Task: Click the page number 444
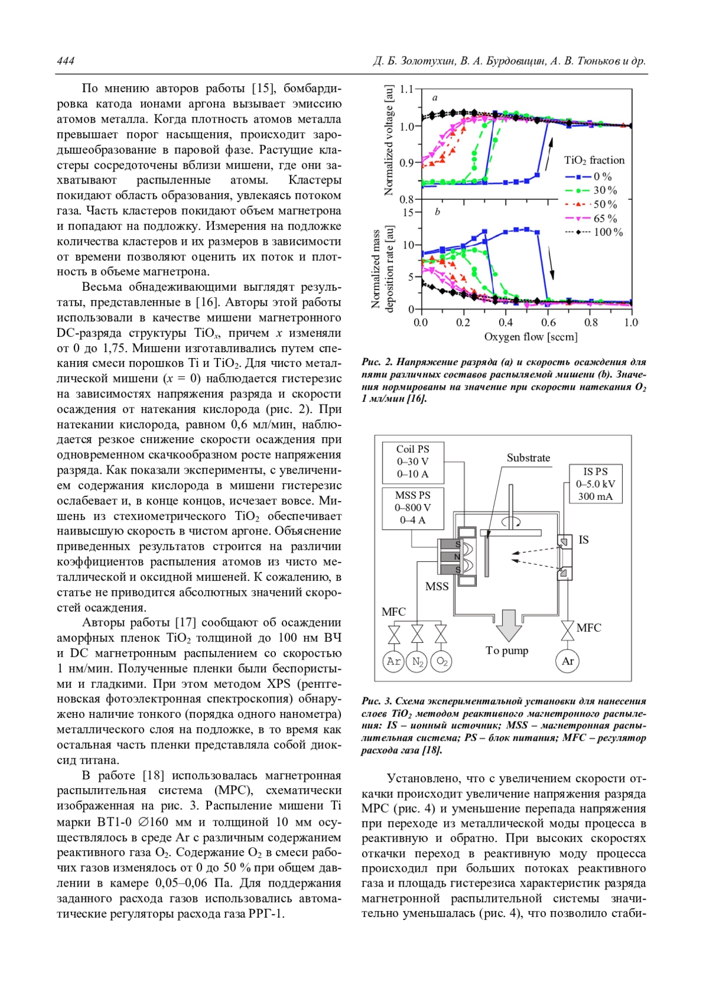[x=66, y=61]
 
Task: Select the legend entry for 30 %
[x=592, y=190]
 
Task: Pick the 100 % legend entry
[x=594, y=232]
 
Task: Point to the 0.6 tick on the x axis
[x=548, y=322]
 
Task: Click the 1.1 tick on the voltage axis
[x=407, y=90]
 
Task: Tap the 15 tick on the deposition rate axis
[x=408, y=212]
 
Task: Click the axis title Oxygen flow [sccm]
[x=530, y=337]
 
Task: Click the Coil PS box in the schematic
[x=412, y=462]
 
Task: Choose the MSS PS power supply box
[x=412, y=507]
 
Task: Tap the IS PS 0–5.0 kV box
[x=595, y=484]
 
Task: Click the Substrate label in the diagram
[x=528, y=458]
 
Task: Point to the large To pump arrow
[x=509, y=625]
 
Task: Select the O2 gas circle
[x=441, y=662]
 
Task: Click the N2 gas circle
[x=417, y=662]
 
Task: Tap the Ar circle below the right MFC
[x=567, y=661]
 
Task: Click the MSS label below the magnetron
[x=436, y=586]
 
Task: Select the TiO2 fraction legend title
[x=594, y=161]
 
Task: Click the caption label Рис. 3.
[x=377, y=701]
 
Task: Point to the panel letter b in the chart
[x=438, y=212]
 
